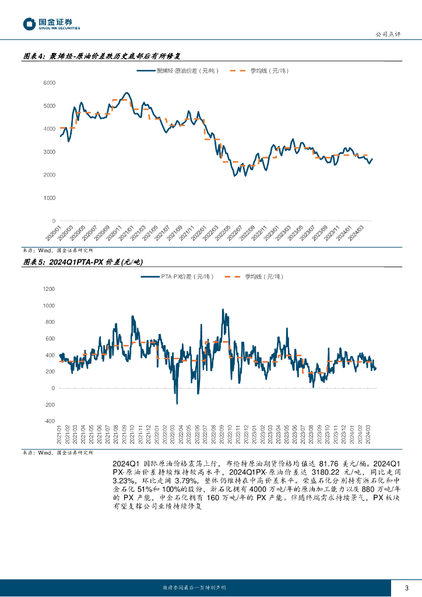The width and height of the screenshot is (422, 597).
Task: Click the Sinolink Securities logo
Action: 51,24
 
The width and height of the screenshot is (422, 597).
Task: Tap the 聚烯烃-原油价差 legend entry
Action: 178,71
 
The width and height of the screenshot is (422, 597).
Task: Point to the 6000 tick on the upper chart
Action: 49,83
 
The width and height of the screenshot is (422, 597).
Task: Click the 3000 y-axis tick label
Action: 49,152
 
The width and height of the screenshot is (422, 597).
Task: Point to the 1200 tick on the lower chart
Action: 49,289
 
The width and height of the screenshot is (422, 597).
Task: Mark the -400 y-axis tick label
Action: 49,421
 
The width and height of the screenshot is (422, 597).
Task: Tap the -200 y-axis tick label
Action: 49,405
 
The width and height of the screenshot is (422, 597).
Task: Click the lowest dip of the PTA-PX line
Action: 177,403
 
